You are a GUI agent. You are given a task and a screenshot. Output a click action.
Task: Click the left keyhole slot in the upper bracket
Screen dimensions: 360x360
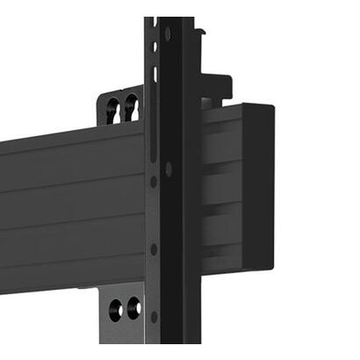pos(113,109)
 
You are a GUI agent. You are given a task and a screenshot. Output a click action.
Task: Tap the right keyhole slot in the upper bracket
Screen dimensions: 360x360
pos(131,107)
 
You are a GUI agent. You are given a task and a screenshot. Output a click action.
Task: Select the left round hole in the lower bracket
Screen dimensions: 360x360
pos(116,308)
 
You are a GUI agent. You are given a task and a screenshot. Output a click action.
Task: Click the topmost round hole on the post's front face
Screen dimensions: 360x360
pos(168,35)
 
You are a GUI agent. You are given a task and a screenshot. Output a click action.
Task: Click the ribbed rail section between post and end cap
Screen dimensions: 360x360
pos(219,189)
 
